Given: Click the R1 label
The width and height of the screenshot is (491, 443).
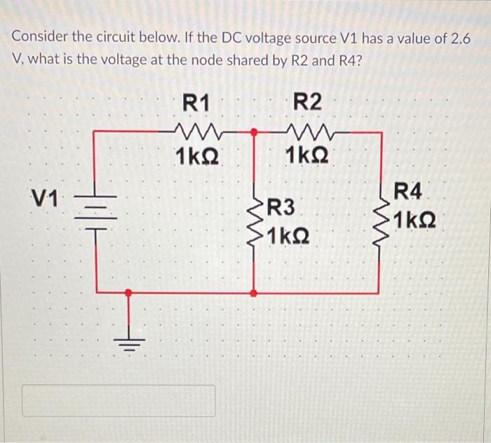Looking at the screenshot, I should point(196,102).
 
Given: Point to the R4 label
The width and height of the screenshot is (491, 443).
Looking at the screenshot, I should point(410,190).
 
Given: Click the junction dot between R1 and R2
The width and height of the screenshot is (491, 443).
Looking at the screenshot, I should point(254,131).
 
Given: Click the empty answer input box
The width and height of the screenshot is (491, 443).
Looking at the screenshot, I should point(117,400).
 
